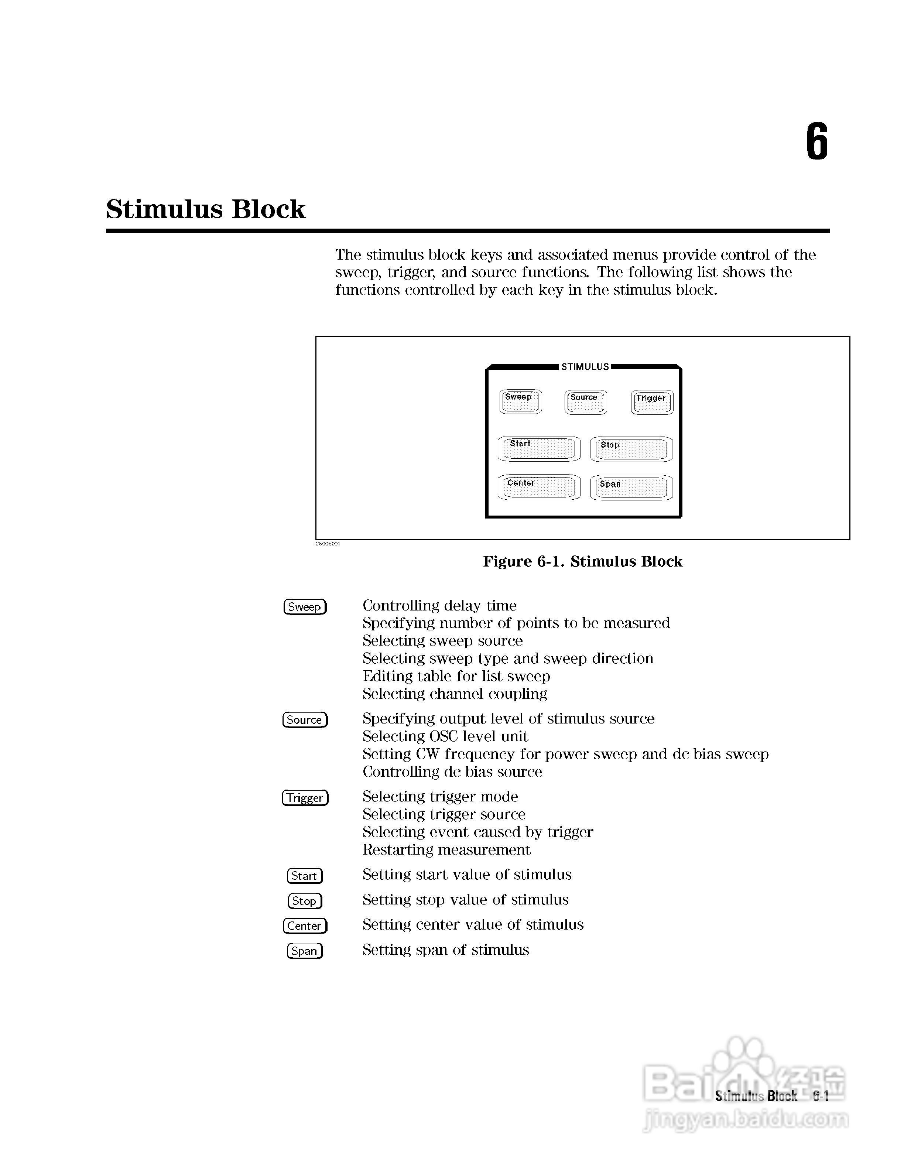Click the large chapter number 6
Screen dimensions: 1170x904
817,141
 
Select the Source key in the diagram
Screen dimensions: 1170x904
585,402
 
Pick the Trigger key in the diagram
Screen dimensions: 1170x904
652,402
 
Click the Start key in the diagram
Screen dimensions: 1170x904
539,449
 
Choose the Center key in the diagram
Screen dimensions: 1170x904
539,487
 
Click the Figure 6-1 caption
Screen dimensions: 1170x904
582,561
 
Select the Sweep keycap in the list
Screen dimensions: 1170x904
304,606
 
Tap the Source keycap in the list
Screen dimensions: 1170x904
304,719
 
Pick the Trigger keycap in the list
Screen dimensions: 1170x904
305,798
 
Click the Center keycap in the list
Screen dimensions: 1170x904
304,926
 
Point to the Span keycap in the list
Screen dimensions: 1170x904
304,951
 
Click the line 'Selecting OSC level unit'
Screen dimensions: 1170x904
445,736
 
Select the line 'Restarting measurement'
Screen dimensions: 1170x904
446,850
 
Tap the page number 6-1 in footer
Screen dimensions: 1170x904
821,1096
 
